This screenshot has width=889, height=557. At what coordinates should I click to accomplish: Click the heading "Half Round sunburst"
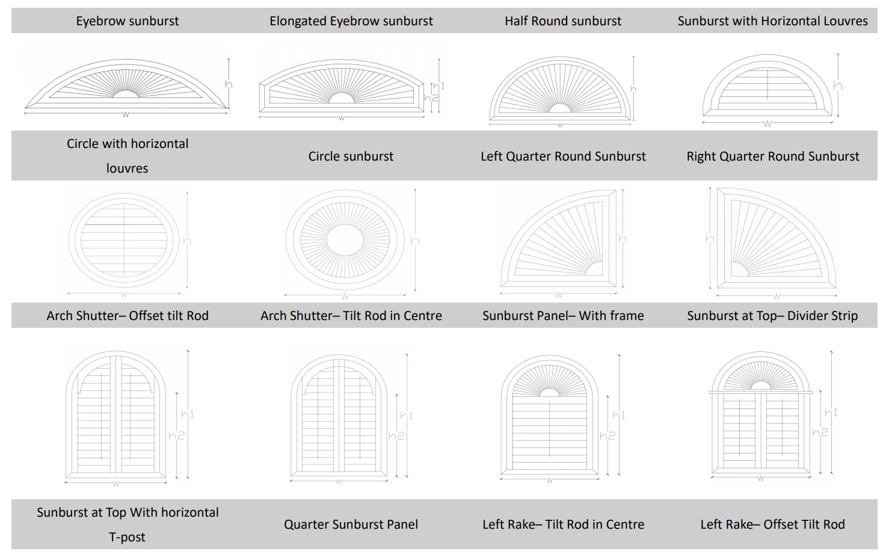[x=562, y=21]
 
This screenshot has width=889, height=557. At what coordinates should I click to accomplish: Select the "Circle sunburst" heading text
[x=351, y=156]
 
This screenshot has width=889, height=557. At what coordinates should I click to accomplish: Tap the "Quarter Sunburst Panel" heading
[x=351, y=525]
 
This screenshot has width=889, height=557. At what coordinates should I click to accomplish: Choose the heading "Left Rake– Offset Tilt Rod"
[x=772, y=525]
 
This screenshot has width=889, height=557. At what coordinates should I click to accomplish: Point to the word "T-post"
[x=127, y=537]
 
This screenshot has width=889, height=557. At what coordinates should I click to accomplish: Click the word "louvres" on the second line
[x=127, y=168]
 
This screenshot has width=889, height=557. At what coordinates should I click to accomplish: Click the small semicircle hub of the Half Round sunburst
[x=560, y=109]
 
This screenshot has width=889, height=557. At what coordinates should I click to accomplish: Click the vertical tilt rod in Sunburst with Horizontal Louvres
[x=767, y=84]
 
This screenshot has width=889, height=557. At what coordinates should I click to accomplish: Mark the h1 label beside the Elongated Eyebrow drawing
[x=438, y=85]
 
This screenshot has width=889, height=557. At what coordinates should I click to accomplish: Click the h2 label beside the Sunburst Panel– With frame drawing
[x=607, y=435]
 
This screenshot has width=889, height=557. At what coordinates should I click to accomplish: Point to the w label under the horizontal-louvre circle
[x=124, y=295]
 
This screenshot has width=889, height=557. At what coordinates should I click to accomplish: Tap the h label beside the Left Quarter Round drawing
[x=622, y=239]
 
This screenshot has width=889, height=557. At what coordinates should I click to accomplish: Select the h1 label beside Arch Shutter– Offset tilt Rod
[x=187, y=414]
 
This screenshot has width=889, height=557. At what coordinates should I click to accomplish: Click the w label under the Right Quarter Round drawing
[x=776, y=297]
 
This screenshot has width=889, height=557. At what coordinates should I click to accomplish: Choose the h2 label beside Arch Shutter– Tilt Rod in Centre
[x=396, y=435]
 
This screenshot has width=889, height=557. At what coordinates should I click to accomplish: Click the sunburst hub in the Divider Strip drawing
[x=761, y=386]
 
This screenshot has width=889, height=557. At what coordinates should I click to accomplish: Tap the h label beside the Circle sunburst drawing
[x=414, y=241]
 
